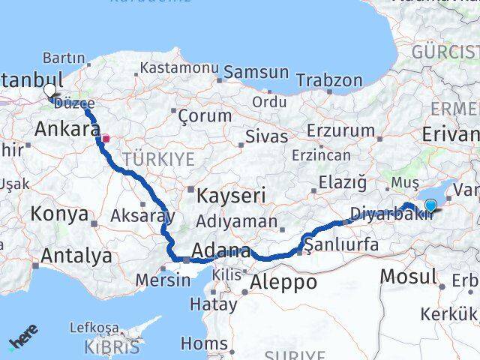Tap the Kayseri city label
pyautogui.click(x=232, y=196)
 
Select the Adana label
pyautogui.click(x=220, y=250)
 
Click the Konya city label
pyautogui.click(x=59, y=214)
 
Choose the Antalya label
pyautogui.click(x=76, y=256)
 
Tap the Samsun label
pyautogui.click(x=256, y=73)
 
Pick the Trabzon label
pyautogui.click(x=329, y=80)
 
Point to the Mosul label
pyautogui.click(x=407, y=276)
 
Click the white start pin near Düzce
pyautogui.click(x=49, y=91)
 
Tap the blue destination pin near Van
pyautogui.click(x=430, y=203)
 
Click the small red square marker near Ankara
pyautogui.click(x=106, y=138)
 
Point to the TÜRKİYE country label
pyautogui.click(x=159, y=159)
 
